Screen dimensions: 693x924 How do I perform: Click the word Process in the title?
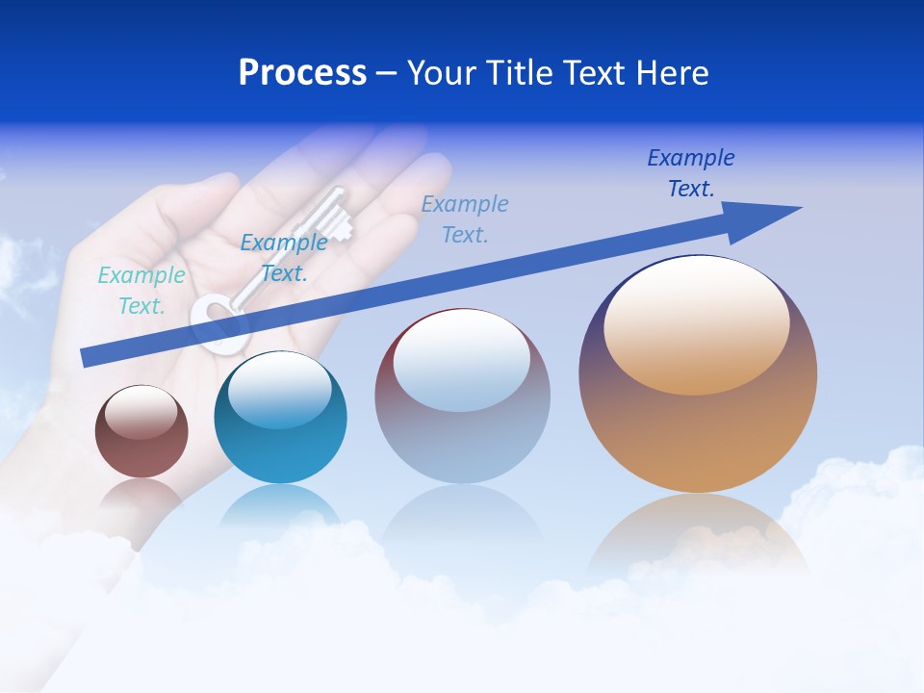click(x=302, y=73)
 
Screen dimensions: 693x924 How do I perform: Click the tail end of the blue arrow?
click(x=89, y=357)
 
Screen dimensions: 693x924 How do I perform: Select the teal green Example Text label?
click(x=141, y=291)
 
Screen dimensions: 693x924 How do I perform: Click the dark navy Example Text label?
click(x=690, y=173)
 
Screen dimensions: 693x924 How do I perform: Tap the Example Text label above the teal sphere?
click(x=283, y=258)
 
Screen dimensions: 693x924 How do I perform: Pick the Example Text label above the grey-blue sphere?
click(x=465, y=218)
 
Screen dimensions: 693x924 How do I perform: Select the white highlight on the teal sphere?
click(x=279, y=390)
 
